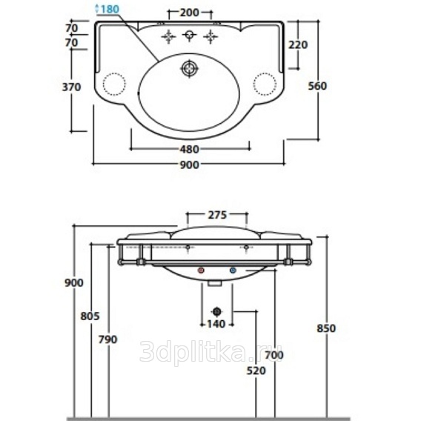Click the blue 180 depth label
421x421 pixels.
click(x=110, y=9)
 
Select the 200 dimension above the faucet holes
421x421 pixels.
click(x=189, y=13)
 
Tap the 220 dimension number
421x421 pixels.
click(x=298, y=44)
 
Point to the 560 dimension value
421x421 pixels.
click(x=317, y=86)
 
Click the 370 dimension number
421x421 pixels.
click(x=71, y=87)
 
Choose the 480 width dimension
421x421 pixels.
click(x=189, y=149)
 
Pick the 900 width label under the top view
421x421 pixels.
click(x=189, y=165)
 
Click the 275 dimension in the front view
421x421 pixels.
click(x=217, y=215)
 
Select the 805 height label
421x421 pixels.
click(x=90, y=316)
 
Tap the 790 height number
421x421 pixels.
click(x=108, y=339)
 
